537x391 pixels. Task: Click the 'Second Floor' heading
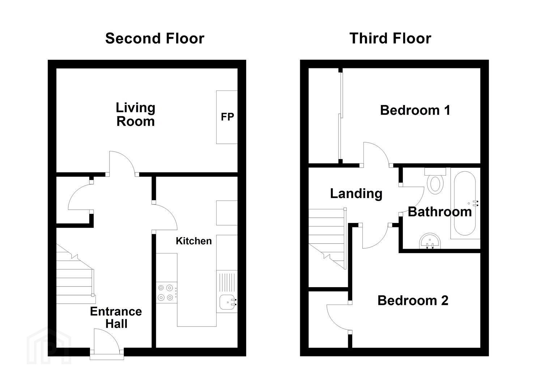155,39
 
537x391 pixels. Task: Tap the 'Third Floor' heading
390,39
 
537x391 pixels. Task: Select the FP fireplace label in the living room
227,117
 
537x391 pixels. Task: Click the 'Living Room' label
136,114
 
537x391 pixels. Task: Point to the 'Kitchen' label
194,241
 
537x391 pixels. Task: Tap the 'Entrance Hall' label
116,317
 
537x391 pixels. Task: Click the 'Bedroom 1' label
415,110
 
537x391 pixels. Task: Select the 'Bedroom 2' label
413,300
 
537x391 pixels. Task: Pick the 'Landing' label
356,194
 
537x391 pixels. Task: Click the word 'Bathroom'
440,212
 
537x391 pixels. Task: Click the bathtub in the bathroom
465,203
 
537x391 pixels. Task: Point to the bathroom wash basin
430,241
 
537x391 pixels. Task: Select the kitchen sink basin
226,302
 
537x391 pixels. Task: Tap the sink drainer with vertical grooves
227,282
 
